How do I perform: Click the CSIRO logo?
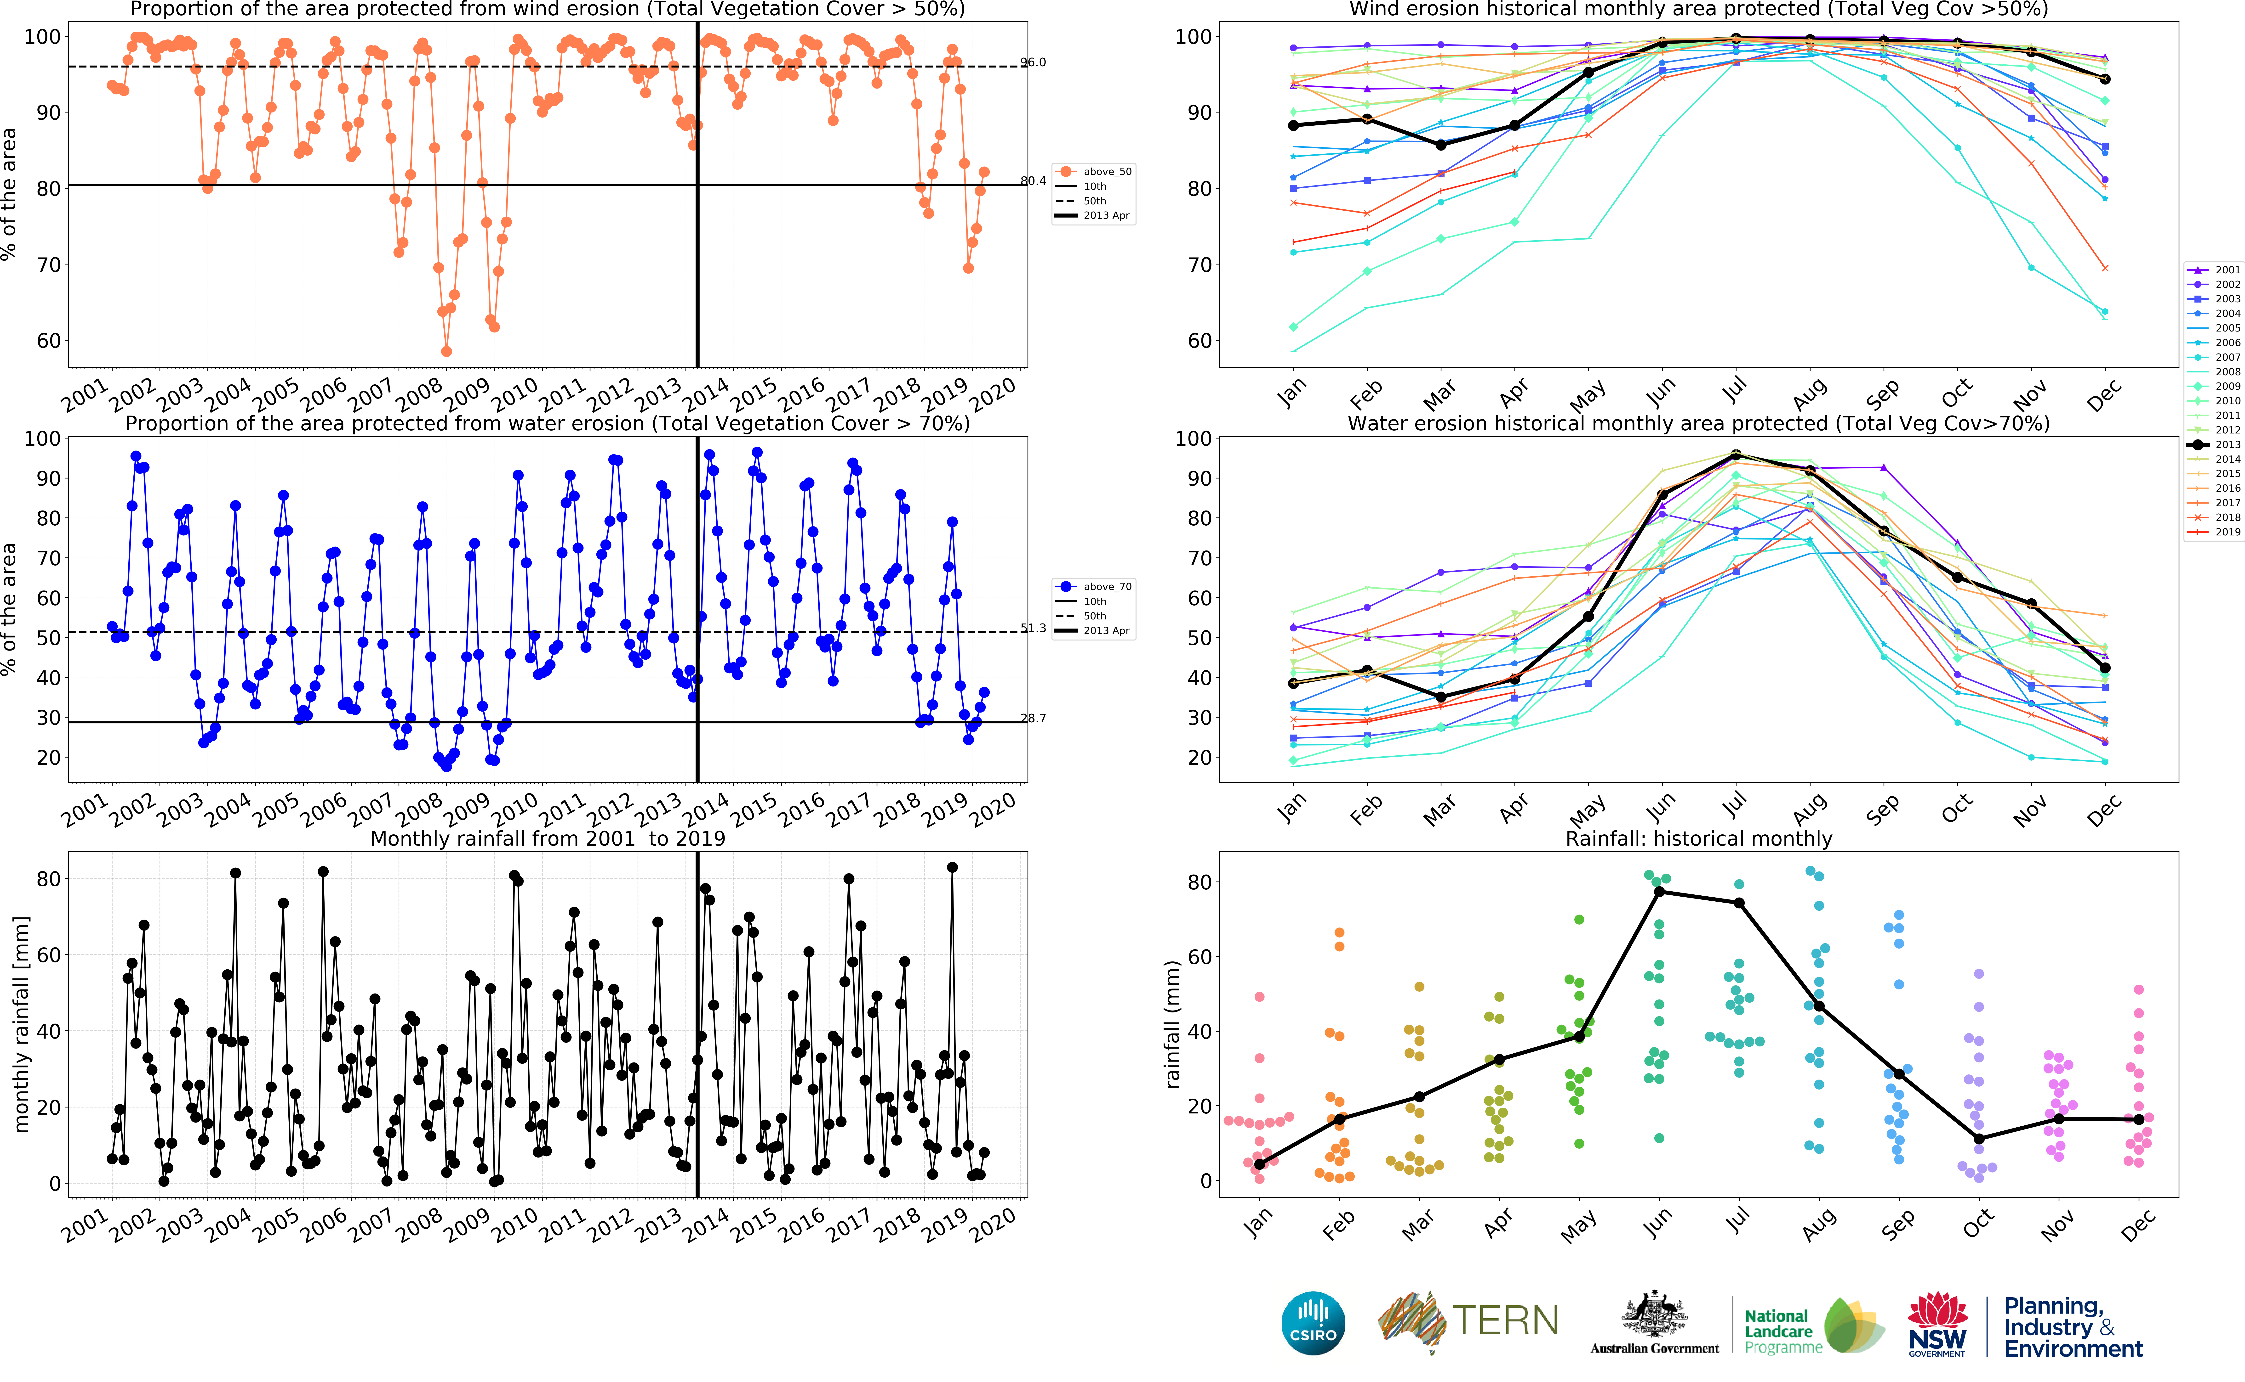(1313, 1323)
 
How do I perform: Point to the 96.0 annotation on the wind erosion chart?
(1033, 62)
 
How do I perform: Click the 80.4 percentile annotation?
(1033, 181)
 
